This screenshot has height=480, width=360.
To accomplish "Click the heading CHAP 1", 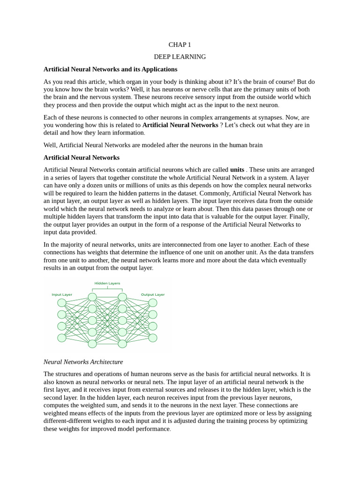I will point(180,45).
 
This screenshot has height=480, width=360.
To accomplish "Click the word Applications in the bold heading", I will point(159,69).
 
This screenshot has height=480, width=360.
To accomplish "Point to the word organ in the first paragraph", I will point(149,82).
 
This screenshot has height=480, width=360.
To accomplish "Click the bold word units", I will point(237,170).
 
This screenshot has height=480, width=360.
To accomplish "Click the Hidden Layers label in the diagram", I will point(107,283).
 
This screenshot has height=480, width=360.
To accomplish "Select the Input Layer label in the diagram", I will point(62,295).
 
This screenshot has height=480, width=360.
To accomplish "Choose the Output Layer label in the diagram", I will point(153,295).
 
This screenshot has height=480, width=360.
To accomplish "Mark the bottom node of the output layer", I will point(153,338).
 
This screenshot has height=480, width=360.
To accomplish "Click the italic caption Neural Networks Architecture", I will point(83,362).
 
